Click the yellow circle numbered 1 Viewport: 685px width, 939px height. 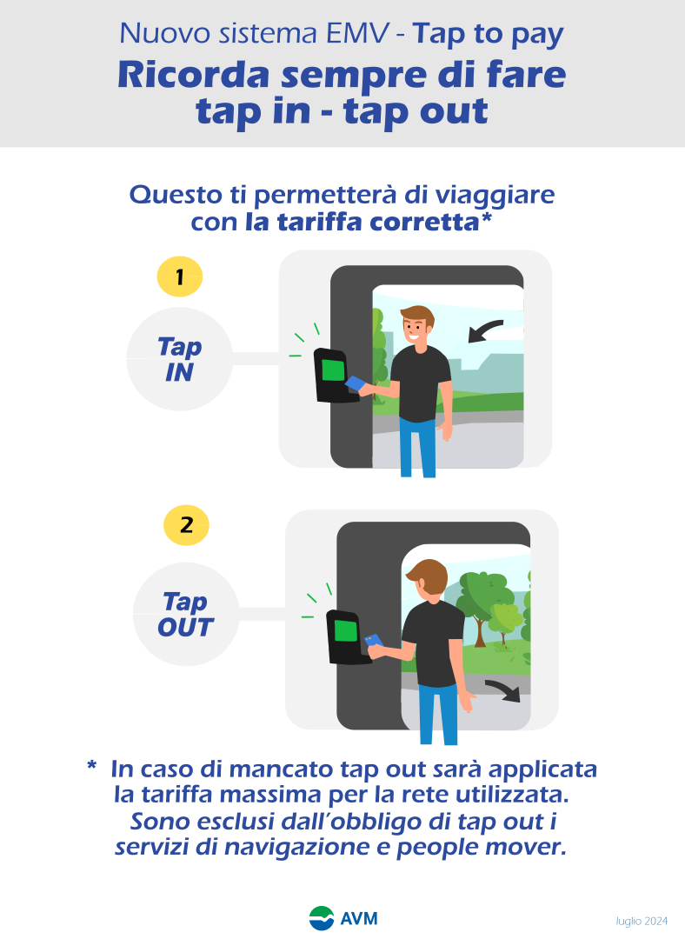[180, 276]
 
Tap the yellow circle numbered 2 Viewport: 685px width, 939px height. [186, 525]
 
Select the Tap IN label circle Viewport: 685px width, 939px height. [180, 359]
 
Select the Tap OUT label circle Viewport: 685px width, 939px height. [186, 614]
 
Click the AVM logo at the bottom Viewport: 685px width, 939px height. [343, 918]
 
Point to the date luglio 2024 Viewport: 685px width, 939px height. [642, 921]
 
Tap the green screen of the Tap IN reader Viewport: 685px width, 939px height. [333, 370]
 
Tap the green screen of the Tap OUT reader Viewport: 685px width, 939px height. [345, 631]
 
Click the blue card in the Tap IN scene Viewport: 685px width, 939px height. [355, 383]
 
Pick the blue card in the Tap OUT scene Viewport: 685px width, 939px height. [374, 641]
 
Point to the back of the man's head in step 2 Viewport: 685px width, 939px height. [428, 577]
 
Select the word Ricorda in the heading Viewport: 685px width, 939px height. [193, 76]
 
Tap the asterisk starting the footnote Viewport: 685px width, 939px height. [91, 765]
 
